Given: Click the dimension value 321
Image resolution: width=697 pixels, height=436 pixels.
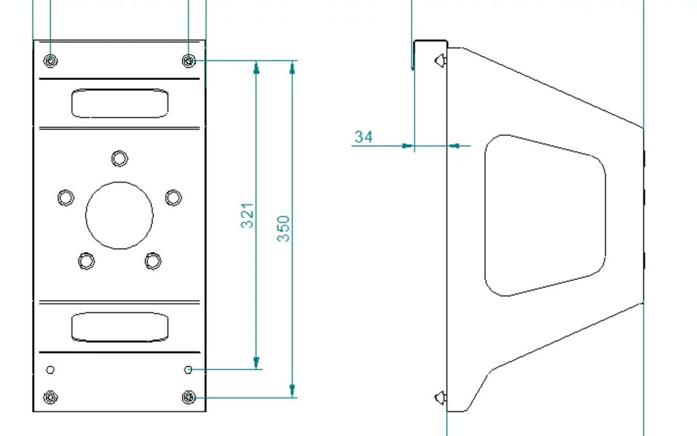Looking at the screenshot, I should click(x=248, y=216).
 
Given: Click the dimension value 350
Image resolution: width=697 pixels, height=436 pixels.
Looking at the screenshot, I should click(x=284, y=228).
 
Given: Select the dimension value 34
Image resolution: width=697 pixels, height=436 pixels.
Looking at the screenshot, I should click(x=364, y=137).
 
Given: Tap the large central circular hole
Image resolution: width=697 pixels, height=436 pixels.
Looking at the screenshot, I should click(x=120, y=215).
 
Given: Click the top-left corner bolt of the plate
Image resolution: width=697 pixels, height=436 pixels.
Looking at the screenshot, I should click(x=50, y=60).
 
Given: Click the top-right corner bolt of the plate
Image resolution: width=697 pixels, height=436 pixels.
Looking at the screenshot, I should click(x=189, y=60).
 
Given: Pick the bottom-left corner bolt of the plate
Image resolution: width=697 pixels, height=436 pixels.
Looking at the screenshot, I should click(x=50, y=397).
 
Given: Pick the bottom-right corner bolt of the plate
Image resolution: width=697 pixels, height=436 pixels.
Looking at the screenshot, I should click(x=189, y=397).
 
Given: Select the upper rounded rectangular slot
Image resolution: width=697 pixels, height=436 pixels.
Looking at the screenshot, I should click(x=120, y=103).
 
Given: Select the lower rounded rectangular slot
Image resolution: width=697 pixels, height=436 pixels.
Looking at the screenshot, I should click(x=120, y=327).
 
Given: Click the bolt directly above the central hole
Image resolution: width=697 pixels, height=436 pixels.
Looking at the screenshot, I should click(x=120, y=158).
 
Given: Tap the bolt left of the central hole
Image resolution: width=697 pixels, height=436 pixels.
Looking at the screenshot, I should click(x=65, y=197).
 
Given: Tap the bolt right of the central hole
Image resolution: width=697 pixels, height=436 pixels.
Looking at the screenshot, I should click(x=174, y=197).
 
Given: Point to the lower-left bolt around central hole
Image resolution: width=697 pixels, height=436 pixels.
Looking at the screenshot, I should click(x=86, y=260).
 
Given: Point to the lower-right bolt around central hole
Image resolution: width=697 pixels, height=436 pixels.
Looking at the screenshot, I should click(x=152, y=260).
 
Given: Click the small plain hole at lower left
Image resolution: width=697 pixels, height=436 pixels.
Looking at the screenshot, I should click(x=50, y=370).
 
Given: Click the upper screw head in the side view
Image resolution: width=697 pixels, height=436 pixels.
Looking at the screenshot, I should click(x=439, y=62).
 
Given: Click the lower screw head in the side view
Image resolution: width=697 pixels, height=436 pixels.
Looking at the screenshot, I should click(x=439, y=397).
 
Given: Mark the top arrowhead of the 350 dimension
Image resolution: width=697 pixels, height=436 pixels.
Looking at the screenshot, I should click(x=292, y=67).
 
